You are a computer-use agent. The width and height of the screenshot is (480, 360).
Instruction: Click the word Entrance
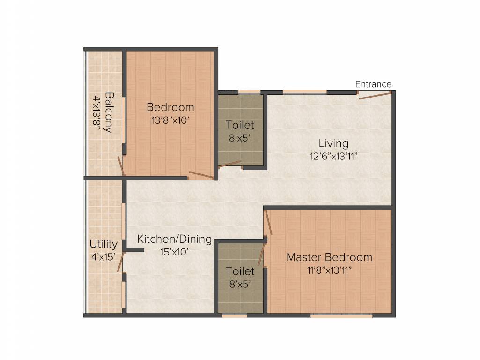click(373, 84)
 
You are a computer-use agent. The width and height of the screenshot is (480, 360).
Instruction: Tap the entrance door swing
click(374, 96)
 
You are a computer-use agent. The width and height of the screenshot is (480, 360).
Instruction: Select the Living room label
click(333, 143)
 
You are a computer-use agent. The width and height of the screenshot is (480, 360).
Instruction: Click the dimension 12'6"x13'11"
click(333, 156)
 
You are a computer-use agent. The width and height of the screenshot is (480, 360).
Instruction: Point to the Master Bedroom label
click(329, 257)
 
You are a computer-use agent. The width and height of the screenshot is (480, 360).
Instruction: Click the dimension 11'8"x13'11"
click(329, 270)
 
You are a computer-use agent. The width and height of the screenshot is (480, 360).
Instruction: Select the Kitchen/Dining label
click(174, 240)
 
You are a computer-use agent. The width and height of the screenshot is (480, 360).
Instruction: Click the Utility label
click(103, 244)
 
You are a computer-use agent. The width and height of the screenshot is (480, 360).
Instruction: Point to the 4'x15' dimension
click(103, 256)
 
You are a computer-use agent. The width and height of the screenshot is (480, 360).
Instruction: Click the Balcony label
click(109, 112)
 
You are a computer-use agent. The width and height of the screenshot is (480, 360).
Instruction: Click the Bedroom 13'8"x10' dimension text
click(170, 120)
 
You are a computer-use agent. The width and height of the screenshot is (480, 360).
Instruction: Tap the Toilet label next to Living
click(240, 125)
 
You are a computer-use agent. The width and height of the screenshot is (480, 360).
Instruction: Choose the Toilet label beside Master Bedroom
click(240, 271)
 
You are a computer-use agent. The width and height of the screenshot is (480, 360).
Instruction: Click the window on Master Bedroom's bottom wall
click(341, 316)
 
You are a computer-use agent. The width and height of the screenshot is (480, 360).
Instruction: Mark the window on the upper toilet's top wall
click(249, 92)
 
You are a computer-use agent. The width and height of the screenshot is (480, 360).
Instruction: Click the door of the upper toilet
click(230, 164)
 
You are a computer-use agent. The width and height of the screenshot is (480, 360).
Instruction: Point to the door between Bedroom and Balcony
click(120, 166)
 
